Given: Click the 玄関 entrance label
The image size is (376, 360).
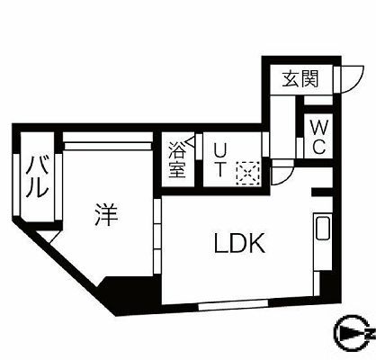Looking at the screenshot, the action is tap(300, 79).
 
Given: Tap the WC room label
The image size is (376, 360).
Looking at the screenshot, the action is tap(319, 137).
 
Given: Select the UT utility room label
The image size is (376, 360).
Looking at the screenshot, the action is tap(219, 160).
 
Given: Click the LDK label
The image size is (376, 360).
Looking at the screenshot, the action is tap(239, 243).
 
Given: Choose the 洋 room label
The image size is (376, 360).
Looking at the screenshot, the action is tap(105, 214).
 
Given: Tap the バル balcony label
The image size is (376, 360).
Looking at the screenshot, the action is tap(37, 178).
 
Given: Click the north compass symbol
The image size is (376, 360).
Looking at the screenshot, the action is tap(354, 333).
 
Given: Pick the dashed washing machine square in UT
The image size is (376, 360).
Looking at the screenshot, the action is tap(247, 173).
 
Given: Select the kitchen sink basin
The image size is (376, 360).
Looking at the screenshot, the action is tap(323, 228).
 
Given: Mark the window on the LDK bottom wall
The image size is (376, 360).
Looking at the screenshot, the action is tap(233, 304).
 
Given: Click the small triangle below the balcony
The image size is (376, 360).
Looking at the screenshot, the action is tap(48, 236).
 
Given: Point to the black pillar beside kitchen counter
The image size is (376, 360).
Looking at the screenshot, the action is tap(326, 287).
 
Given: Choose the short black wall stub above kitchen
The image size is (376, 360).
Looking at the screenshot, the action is tap(322, 192).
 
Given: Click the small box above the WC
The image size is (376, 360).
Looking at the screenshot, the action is tap(318, 101).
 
